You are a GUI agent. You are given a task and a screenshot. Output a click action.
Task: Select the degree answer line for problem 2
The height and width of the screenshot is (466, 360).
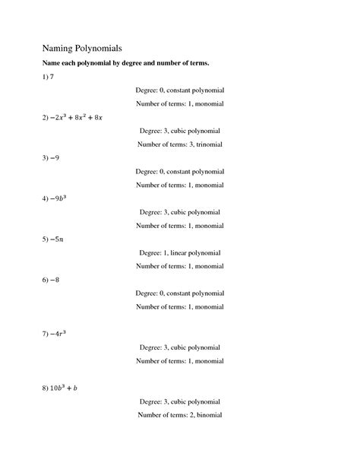coord(179,131)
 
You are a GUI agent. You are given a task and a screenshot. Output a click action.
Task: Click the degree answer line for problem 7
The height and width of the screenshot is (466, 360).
coord(179,347)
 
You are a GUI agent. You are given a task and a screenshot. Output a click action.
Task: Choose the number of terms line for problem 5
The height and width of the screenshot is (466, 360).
coord(179,266)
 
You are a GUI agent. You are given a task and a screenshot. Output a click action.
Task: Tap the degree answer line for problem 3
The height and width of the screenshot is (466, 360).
coord(179,171)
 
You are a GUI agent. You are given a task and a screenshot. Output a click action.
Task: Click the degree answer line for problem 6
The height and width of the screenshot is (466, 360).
coord(179,293)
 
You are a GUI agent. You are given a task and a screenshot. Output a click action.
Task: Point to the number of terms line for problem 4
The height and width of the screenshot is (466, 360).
coord(179,225)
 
